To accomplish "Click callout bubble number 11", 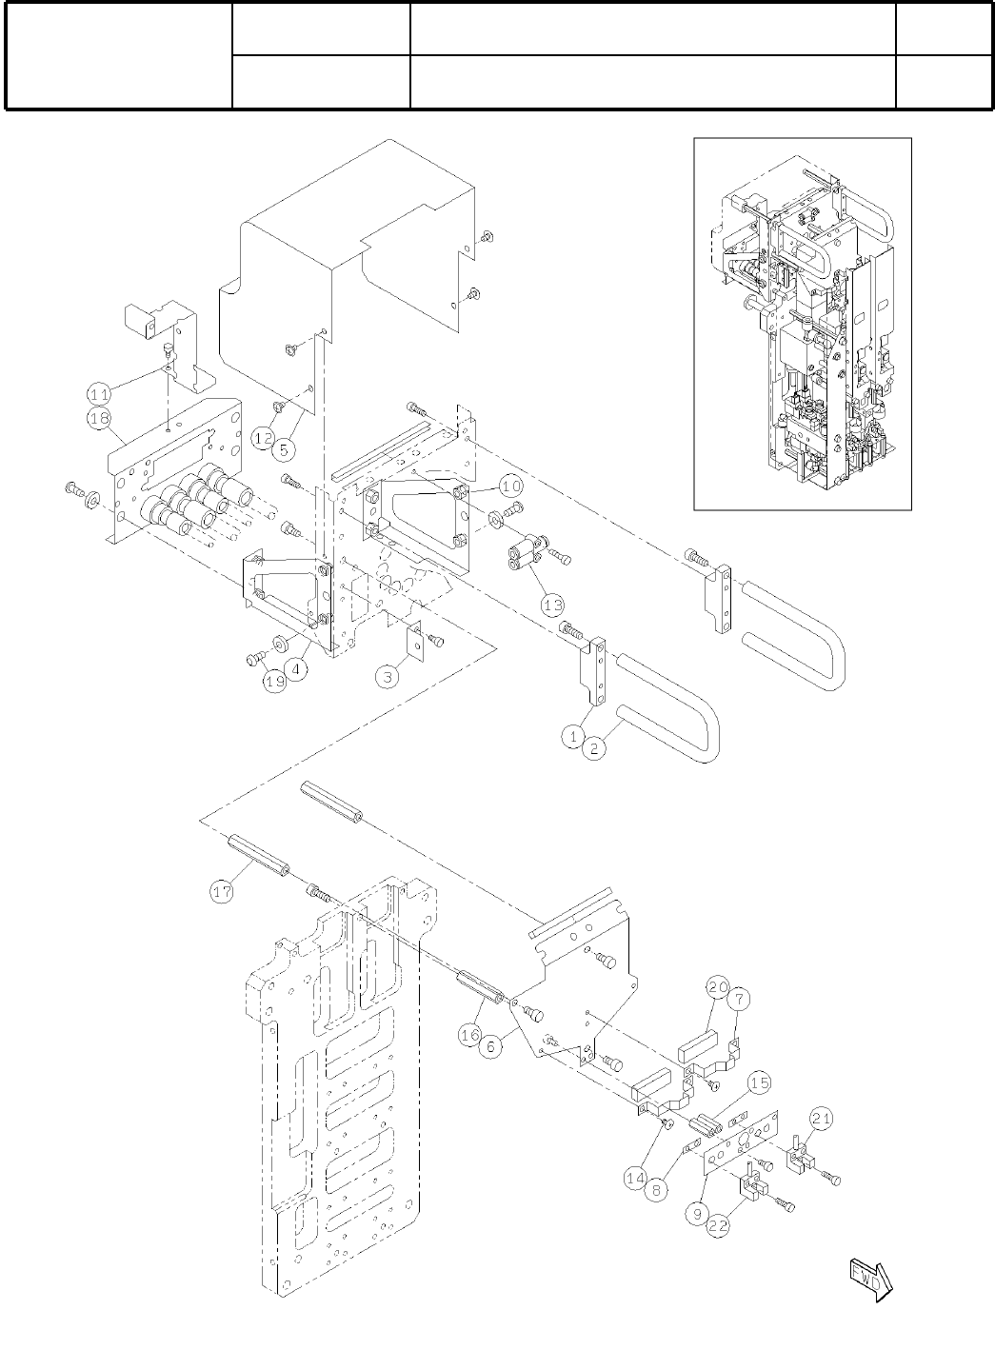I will click(x=99, y=392).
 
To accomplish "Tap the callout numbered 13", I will click(x=552, y=604).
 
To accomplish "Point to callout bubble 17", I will click(x=222, y=891).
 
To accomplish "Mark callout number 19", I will click(x=275, y=682).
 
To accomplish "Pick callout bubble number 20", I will click(x=718, y=987).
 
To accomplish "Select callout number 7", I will click(x=741, y=999).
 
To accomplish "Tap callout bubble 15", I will click(x=759, y=1082).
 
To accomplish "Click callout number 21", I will click(x=822, y=1119).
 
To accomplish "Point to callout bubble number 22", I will click(x=719, y=1226).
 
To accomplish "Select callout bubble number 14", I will click(x=636, y=1178).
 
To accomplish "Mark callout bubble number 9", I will click(x=697, y=1214).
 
